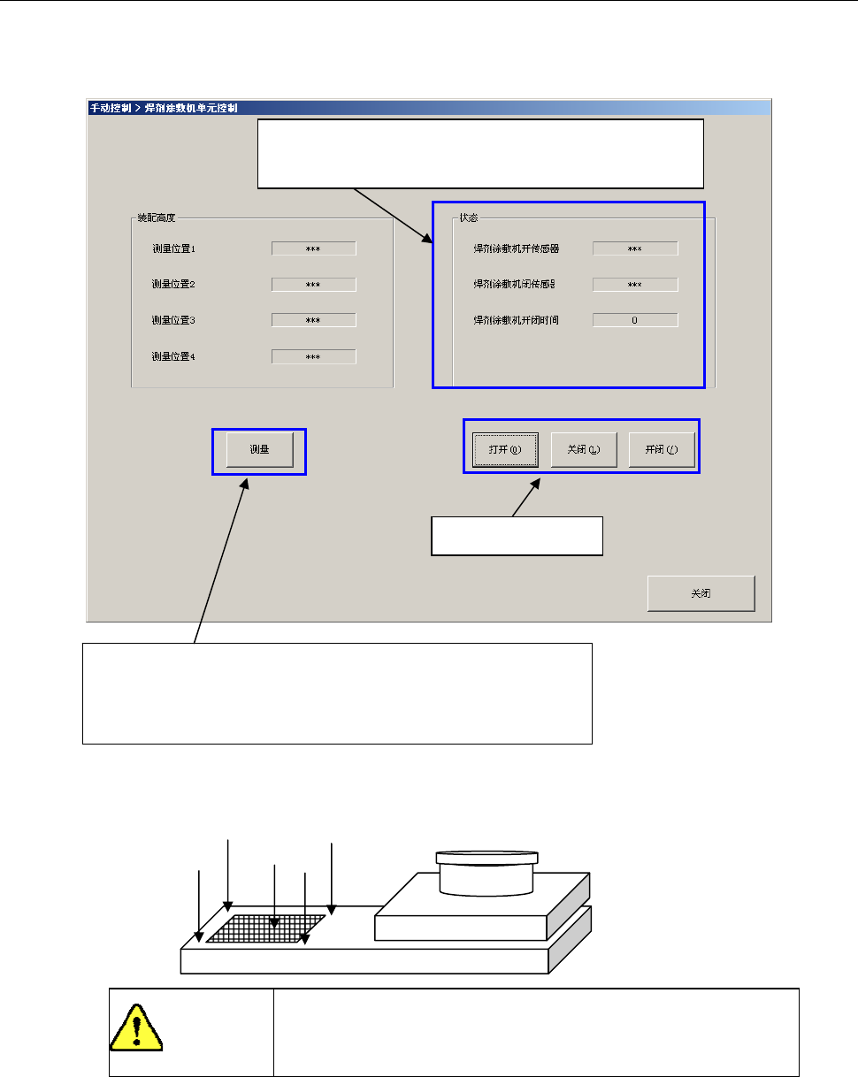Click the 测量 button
coord(259,450)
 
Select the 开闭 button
coord(662,449)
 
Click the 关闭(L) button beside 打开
coord(584,449)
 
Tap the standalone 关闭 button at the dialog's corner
coord(701,593)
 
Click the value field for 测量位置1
coord(313,248)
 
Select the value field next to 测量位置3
coord(313,320)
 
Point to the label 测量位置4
coord(173,356)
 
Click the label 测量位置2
coord(173,285)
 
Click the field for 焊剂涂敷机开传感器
coord(634,248)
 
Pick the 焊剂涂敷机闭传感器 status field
coord(634,285)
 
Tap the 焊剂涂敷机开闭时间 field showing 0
coord(634,320)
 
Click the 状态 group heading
coord(469,218)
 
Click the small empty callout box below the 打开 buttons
coord(517,535)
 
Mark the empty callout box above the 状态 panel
coord(480,153)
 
